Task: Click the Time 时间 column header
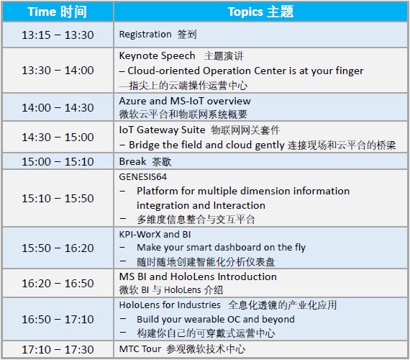pyautogui.click(x=58, y=12)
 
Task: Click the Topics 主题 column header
pyautogui.click(x=260, y=12)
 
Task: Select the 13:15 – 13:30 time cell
pyautogui.click(x=58, y=35)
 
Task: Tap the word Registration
pyautogui.click(x=145, y=35)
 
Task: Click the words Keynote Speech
pyautogui.click(x=157, y=55)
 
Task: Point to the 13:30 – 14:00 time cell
pyautogui.click(x=58, y=70)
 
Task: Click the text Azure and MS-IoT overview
pyautogui.click(x=185, y=101)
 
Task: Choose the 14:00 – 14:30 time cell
pyautogui.click(x=58, y=107)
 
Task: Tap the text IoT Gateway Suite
pyautogui.click(x=162, y=130)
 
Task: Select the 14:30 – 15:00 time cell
pyautogui.click(x=58, y=137)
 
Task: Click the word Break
pyautogui.click(x=132, y=161)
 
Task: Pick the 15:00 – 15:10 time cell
pyautogui.click(x=58, y=161)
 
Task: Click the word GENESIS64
pyautogui.click(x=142, y=177)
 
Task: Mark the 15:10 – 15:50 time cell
pyautogui.click(x=58, y=198)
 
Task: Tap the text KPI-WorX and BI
pyautogui.click(x=155, y=234)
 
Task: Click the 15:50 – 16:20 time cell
pyautogui.click(x=58, y=248)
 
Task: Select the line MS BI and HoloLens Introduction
pyautogui.click(x=198, y=276)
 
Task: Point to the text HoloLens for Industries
pyautogui.click(x=170, y=305)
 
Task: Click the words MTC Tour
pyautogui.click(x=140, y=348)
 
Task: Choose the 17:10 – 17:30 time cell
pyautogui.click(x=58, y=349)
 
